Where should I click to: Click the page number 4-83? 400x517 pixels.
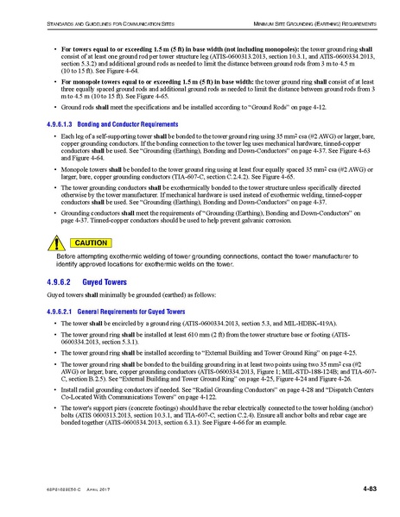tap(342, 490)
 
